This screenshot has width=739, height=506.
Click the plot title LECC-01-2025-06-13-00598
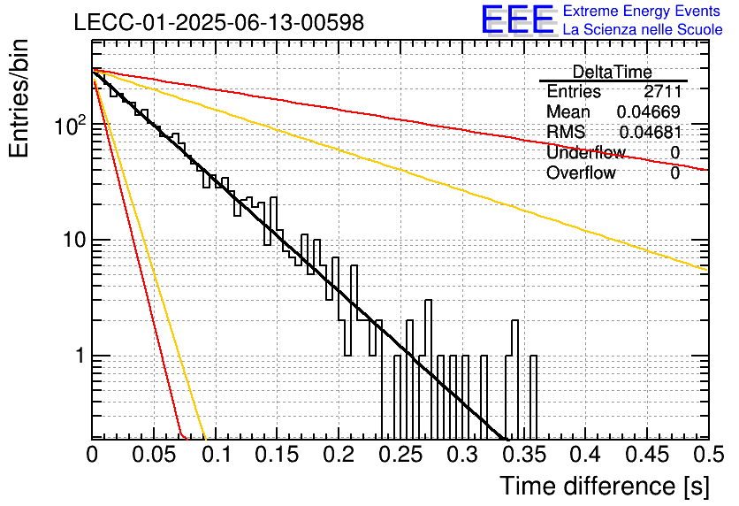click(x=219, y=22)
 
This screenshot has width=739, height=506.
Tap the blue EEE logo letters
click(x=517, y=19)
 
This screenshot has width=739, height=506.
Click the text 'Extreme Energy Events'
click(x=642, y=11)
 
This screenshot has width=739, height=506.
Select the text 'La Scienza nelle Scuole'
click(x=643, y=29)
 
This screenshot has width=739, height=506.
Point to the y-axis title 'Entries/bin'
click(x=19, y=98)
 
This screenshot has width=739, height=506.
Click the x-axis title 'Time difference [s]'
click(x=605, y=486)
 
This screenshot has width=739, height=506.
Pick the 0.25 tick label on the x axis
click(x=400, y=455)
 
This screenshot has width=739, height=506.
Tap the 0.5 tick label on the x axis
click(x=709, y=455)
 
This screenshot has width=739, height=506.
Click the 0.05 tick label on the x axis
click(x=154, y=455)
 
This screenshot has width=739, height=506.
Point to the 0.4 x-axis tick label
click(x=585, y=455)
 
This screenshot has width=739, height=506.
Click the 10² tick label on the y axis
click(x=70, y=124)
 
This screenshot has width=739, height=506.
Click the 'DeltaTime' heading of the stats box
click(x=612, y=72)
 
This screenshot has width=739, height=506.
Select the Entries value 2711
click(x=663, y=91)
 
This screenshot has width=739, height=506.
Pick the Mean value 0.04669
click(x=649, y=111)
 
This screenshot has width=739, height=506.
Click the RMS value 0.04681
click(x=651, y=132)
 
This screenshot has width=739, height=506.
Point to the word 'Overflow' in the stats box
click(x=581, y=172)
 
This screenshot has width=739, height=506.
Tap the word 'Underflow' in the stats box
click(x=586, y=152)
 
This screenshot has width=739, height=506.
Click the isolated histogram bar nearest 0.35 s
click(x=533, y=397)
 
